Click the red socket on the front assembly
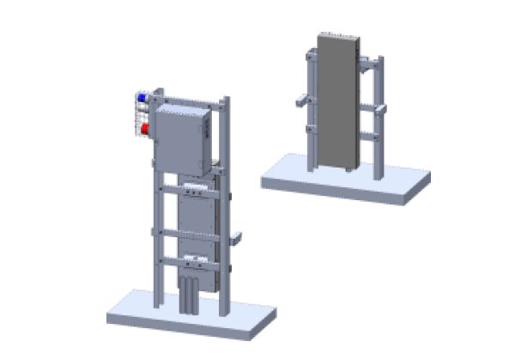[144, 129]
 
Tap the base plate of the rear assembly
[343, 181]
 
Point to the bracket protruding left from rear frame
[298, 101]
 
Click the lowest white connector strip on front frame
[197, 258]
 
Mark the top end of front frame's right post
[226, 101]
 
